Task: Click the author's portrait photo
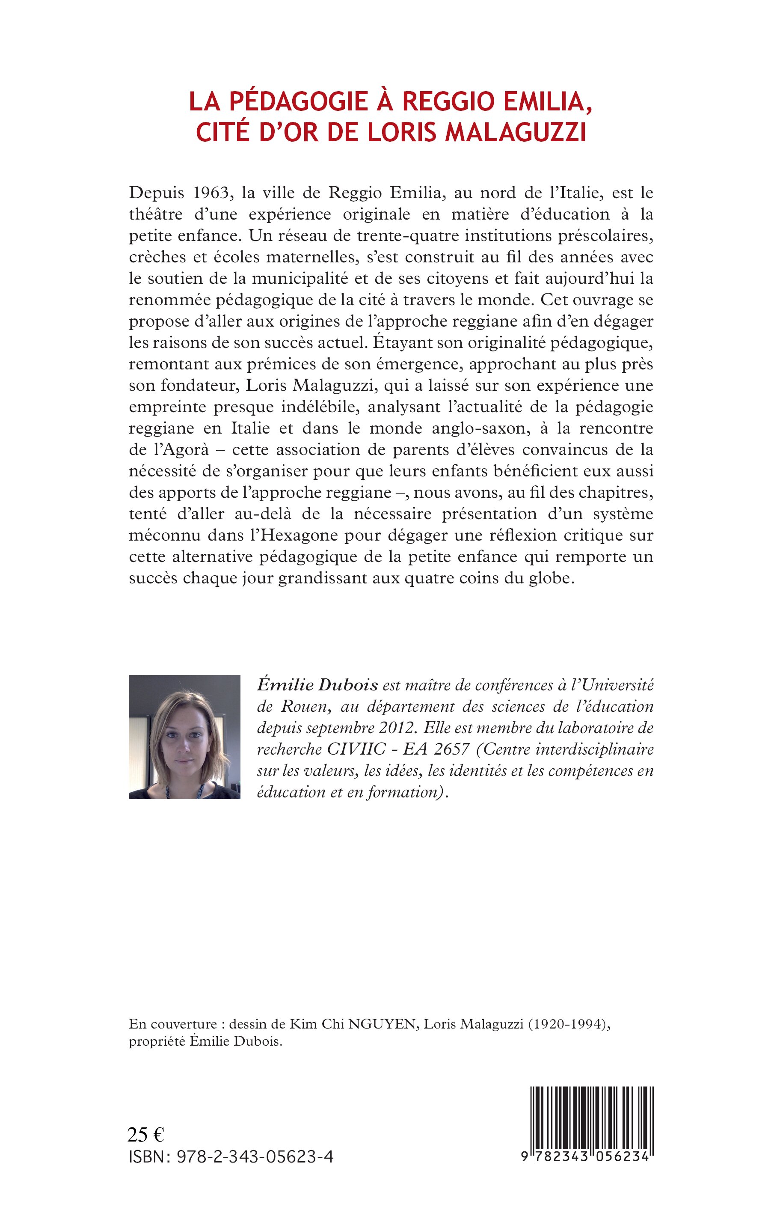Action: click(x=184, y=737)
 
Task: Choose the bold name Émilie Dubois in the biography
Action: click(x=317, y=686)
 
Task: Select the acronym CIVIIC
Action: click(x=359, y=749)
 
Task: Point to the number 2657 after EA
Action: click(x=450, y=749)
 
